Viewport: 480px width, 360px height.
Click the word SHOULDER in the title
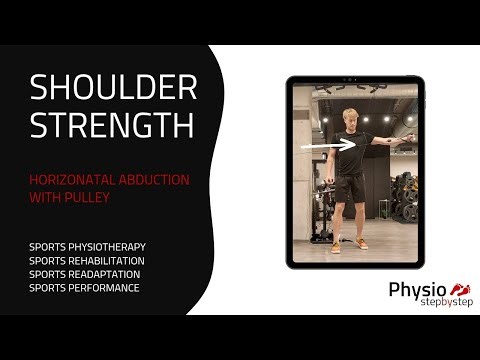113,88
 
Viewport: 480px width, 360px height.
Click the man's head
349,117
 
